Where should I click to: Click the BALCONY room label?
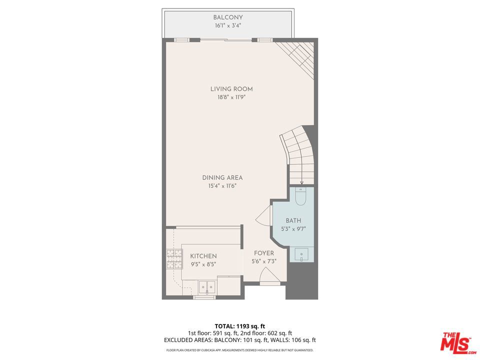[x=228, y=17]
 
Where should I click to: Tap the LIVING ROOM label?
[x=231, y=89]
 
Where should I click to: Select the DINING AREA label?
[x=222, y=177]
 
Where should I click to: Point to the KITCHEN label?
[x=203, y=256]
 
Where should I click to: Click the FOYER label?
[x=264, y=253]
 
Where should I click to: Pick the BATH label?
[x=293, y=220]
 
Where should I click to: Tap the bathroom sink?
[x=302, y=255]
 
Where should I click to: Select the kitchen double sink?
[x=207, y=287]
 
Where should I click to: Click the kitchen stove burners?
[x=174, y=259]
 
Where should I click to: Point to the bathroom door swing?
[x=264, y=216]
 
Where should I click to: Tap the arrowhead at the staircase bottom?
[x=301, y=183]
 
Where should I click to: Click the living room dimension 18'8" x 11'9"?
[x=231, y=97]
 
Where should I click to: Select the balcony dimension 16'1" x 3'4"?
[x=228, y=25]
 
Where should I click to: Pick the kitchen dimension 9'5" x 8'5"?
[x=203, y=264]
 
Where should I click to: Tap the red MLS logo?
[x=457, y=342]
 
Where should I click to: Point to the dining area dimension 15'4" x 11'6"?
[x=222, y=186]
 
